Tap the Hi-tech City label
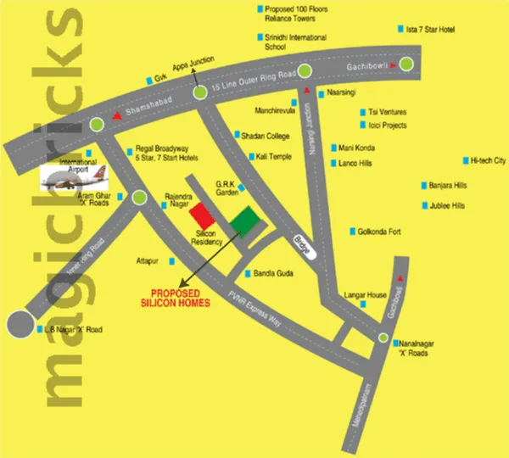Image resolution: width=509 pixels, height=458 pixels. click(488, 160)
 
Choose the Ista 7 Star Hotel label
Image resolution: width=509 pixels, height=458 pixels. click(431, 30)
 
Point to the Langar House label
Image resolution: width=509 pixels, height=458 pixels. click(366, 295)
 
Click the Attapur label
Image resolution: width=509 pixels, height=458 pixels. click(148, 260)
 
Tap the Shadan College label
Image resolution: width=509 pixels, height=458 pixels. click(266, 136)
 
